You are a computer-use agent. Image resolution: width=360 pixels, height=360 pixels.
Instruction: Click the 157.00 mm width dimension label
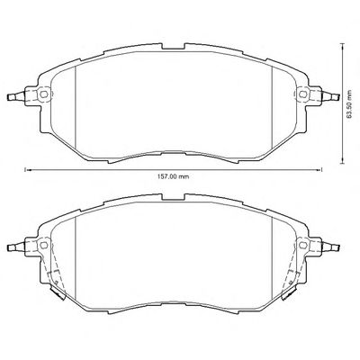173,176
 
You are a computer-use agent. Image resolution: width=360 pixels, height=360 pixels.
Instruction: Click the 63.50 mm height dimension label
348,103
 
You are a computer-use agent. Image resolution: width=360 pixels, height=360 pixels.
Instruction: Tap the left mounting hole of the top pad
44,94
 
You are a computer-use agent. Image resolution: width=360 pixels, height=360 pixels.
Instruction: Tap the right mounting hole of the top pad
302,94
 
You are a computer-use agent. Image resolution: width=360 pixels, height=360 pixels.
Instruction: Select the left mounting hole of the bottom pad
44,245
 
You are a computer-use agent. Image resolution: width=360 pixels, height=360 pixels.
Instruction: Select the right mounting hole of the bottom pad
302,245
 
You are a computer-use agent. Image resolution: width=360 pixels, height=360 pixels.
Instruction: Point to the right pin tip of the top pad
337,97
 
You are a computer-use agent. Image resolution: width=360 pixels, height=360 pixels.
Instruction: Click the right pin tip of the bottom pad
337,247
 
